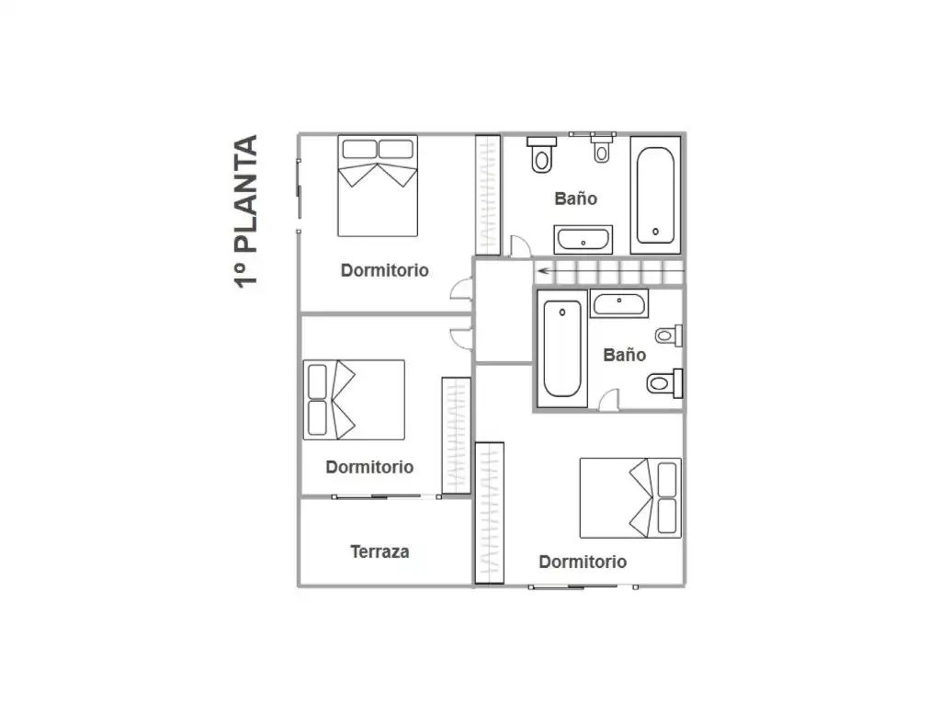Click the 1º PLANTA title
point(245,211)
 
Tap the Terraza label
point(380,552)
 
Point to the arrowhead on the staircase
point(544,271)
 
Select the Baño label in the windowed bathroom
point(575,199)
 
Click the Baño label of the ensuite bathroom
point(624,355)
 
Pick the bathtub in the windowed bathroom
point(655,195)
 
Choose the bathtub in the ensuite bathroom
point(562,348)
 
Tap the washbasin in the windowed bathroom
point(583,240)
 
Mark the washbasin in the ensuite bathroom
point(619,303)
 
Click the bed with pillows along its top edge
point(378,186)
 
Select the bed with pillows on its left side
point(354,400)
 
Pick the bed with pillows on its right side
point(630,498)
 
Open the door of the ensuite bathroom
point(610,400)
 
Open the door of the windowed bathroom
point(520,246)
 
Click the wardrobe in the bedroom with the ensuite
point(489,513)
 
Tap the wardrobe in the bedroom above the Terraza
point(456,435)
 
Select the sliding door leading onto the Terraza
point(387,496)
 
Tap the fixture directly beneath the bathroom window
point(601,150)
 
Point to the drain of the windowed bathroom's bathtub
point(655,231)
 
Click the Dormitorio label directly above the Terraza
point(369,467)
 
